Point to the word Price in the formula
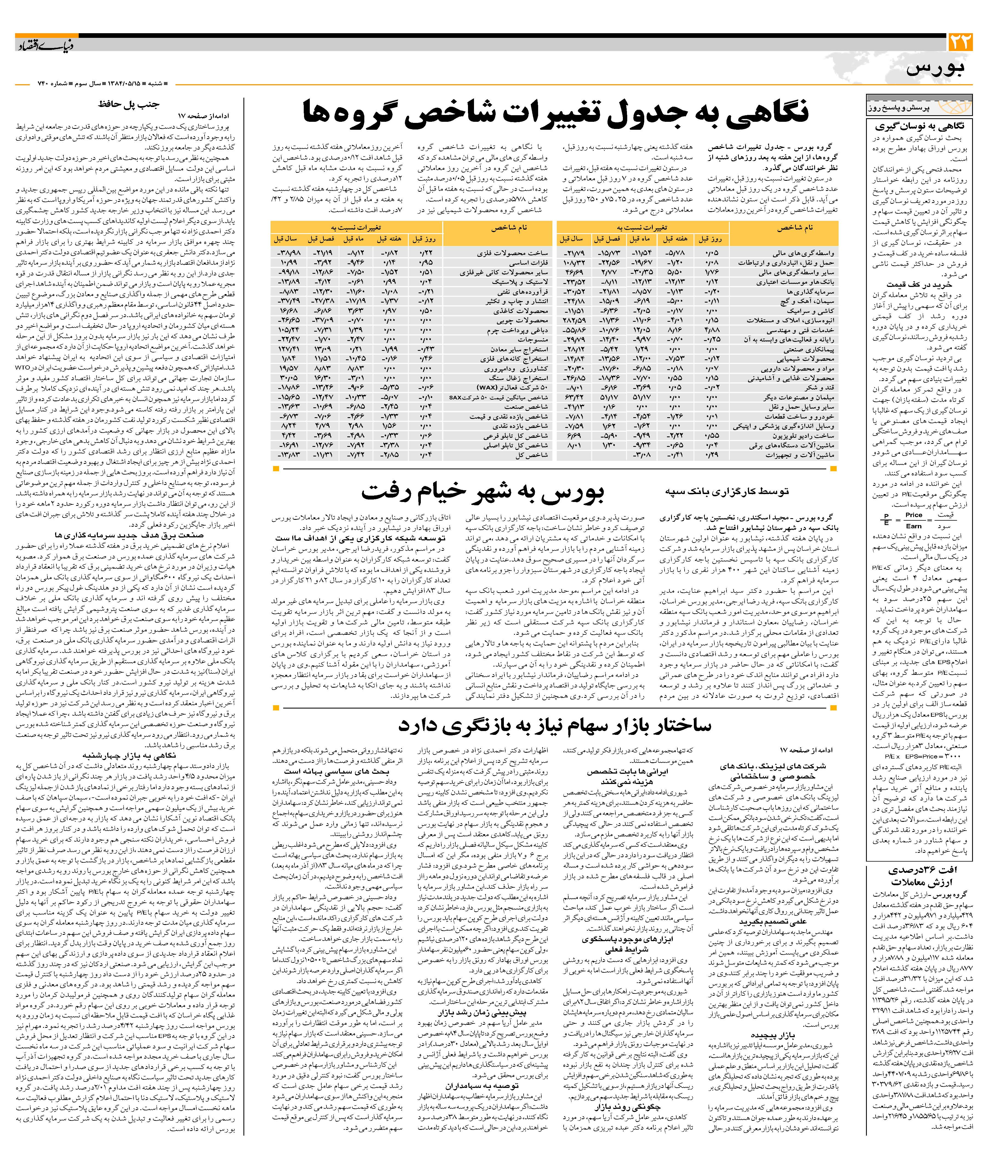coord(913,515)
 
